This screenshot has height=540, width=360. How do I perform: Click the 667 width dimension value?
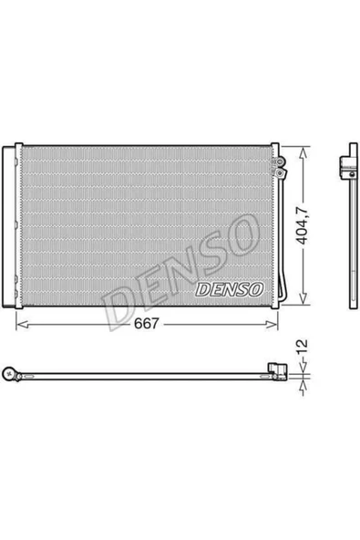coord(146,324)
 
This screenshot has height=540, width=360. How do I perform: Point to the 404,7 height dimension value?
coord(303,226)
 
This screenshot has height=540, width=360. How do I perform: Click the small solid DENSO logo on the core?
coord(230,290)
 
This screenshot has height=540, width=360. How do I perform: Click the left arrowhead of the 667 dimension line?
coord(22,325)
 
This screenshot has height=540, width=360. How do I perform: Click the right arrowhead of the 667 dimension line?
coord(272,325)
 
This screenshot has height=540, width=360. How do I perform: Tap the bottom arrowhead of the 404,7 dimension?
coord(303,298)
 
